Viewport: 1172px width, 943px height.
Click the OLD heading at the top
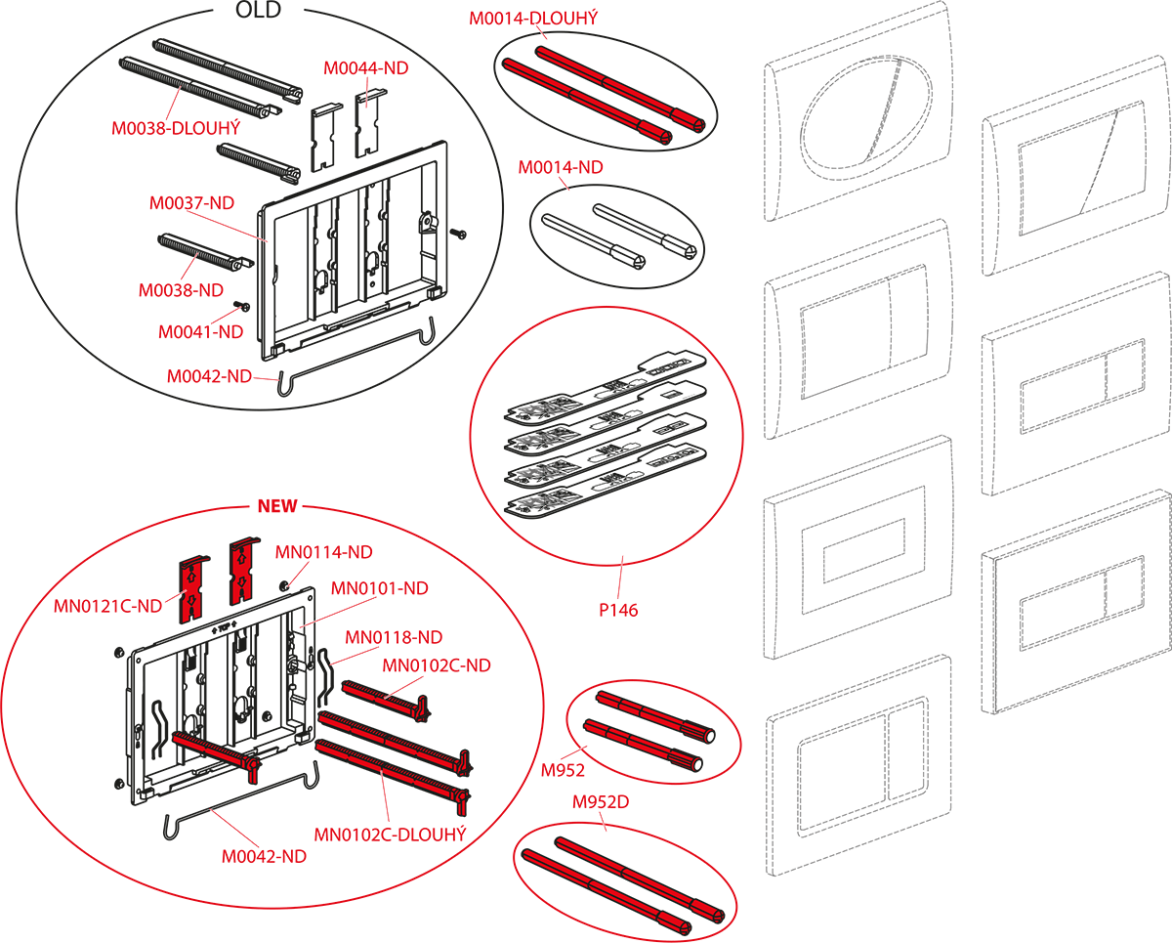tap(258, 10)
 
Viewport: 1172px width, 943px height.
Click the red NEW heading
tap(277, 506)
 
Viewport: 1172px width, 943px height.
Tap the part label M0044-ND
tap(366, 68)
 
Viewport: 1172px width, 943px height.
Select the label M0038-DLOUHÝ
tap(176, 128)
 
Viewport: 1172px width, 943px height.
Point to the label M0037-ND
tap(191, 203)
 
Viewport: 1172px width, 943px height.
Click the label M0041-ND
tap(200, 332)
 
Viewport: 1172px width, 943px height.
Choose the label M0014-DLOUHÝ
tap(533, 18)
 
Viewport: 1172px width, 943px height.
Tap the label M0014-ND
tap(561, 167)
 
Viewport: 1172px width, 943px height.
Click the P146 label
tap(618, 610)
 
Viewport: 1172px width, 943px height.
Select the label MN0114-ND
tap(323, 552)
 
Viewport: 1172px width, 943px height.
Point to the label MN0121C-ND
tap(107, 606)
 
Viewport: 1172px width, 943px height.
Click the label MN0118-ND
tap(394, 637)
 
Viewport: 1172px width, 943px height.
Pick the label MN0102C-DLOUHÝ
tap(390, 835)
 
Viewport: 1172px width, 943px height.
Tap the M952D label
tap(601, 802)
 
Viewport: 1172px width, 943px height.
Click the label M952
tap(563, 770)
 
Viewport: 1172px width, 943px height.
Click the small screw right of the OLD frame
tap(458, 234)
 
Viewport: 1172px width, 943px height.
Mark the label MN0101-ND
tap(380, 588)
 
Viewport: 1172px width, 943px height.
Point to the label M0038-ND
tap(181, 290)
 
